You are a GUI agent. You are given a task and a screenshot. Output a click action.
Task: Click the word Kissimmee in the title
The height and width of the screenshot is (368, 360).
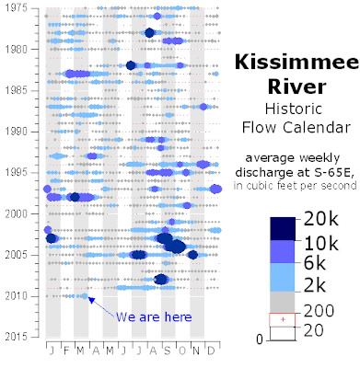pos(296,63)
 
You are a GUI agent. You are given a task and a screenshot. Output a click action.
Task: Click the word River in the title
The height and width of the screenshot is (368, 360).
pos(296,86)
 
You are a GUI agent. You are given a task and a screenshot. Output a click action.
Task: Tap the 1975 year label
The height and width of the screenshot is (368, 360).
pos(17,8)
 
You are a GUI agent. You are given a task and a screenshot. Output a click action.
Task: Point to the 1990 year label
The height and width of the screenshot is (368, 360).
pos(17,132)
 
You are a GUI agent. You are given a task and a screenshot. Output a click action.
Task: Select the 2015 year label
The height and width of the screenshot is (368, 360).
pos(17,337)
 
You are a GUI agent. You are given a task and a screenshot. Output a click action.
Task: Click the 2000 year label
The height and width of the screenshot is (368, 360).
pos(17,213)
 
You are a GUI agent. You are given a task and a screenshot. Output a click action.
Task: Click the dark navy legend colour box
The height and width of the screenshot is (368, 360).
pos(283,229)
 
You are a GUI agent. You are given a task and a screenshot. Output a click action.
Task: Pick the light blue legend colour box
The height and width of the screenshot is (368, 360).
pos(283,277)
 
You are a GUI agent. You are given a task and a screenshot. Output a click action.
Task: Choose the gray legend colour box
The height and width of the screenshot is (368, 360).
pos(283,302)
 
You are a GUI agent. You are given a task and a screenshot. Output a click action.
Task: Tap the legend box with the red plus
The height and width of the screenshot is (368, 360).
pos(283,319)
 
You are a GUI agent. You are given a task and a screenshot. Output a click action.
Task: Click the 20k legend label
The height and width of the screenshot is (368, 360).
pos(321,220)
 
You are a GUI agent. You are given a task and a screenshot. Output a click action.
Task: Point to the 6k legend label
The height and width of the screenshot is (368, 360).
pos(315,263)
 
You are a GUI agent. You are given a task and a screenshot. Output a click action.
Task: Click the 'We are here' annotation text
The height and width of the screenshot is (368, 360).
pos(154,316)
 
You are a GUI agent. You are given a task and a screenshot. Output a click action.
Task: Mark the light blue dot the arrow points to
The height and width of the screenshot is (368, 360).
pos(85,296)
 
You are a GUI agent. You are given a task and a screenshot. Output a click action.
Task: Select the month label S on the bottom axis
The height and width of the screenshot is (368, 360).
pos(168,351)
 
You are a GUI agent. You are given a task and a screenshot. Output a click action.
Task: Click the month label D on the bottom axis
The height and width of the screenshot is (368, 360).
pos(211,351)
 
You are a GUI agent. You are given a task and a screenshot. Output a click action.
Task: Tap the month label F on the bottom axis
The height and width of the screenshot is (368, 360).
pos(66,351)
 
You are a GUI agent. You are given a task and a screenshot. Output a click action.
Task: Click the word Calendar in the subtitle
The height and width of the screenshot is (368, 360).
pos(317,127)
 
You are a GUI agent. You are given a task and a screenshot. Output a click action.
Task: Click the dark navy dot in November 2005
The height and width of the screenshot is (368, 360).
pos(192,255)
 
